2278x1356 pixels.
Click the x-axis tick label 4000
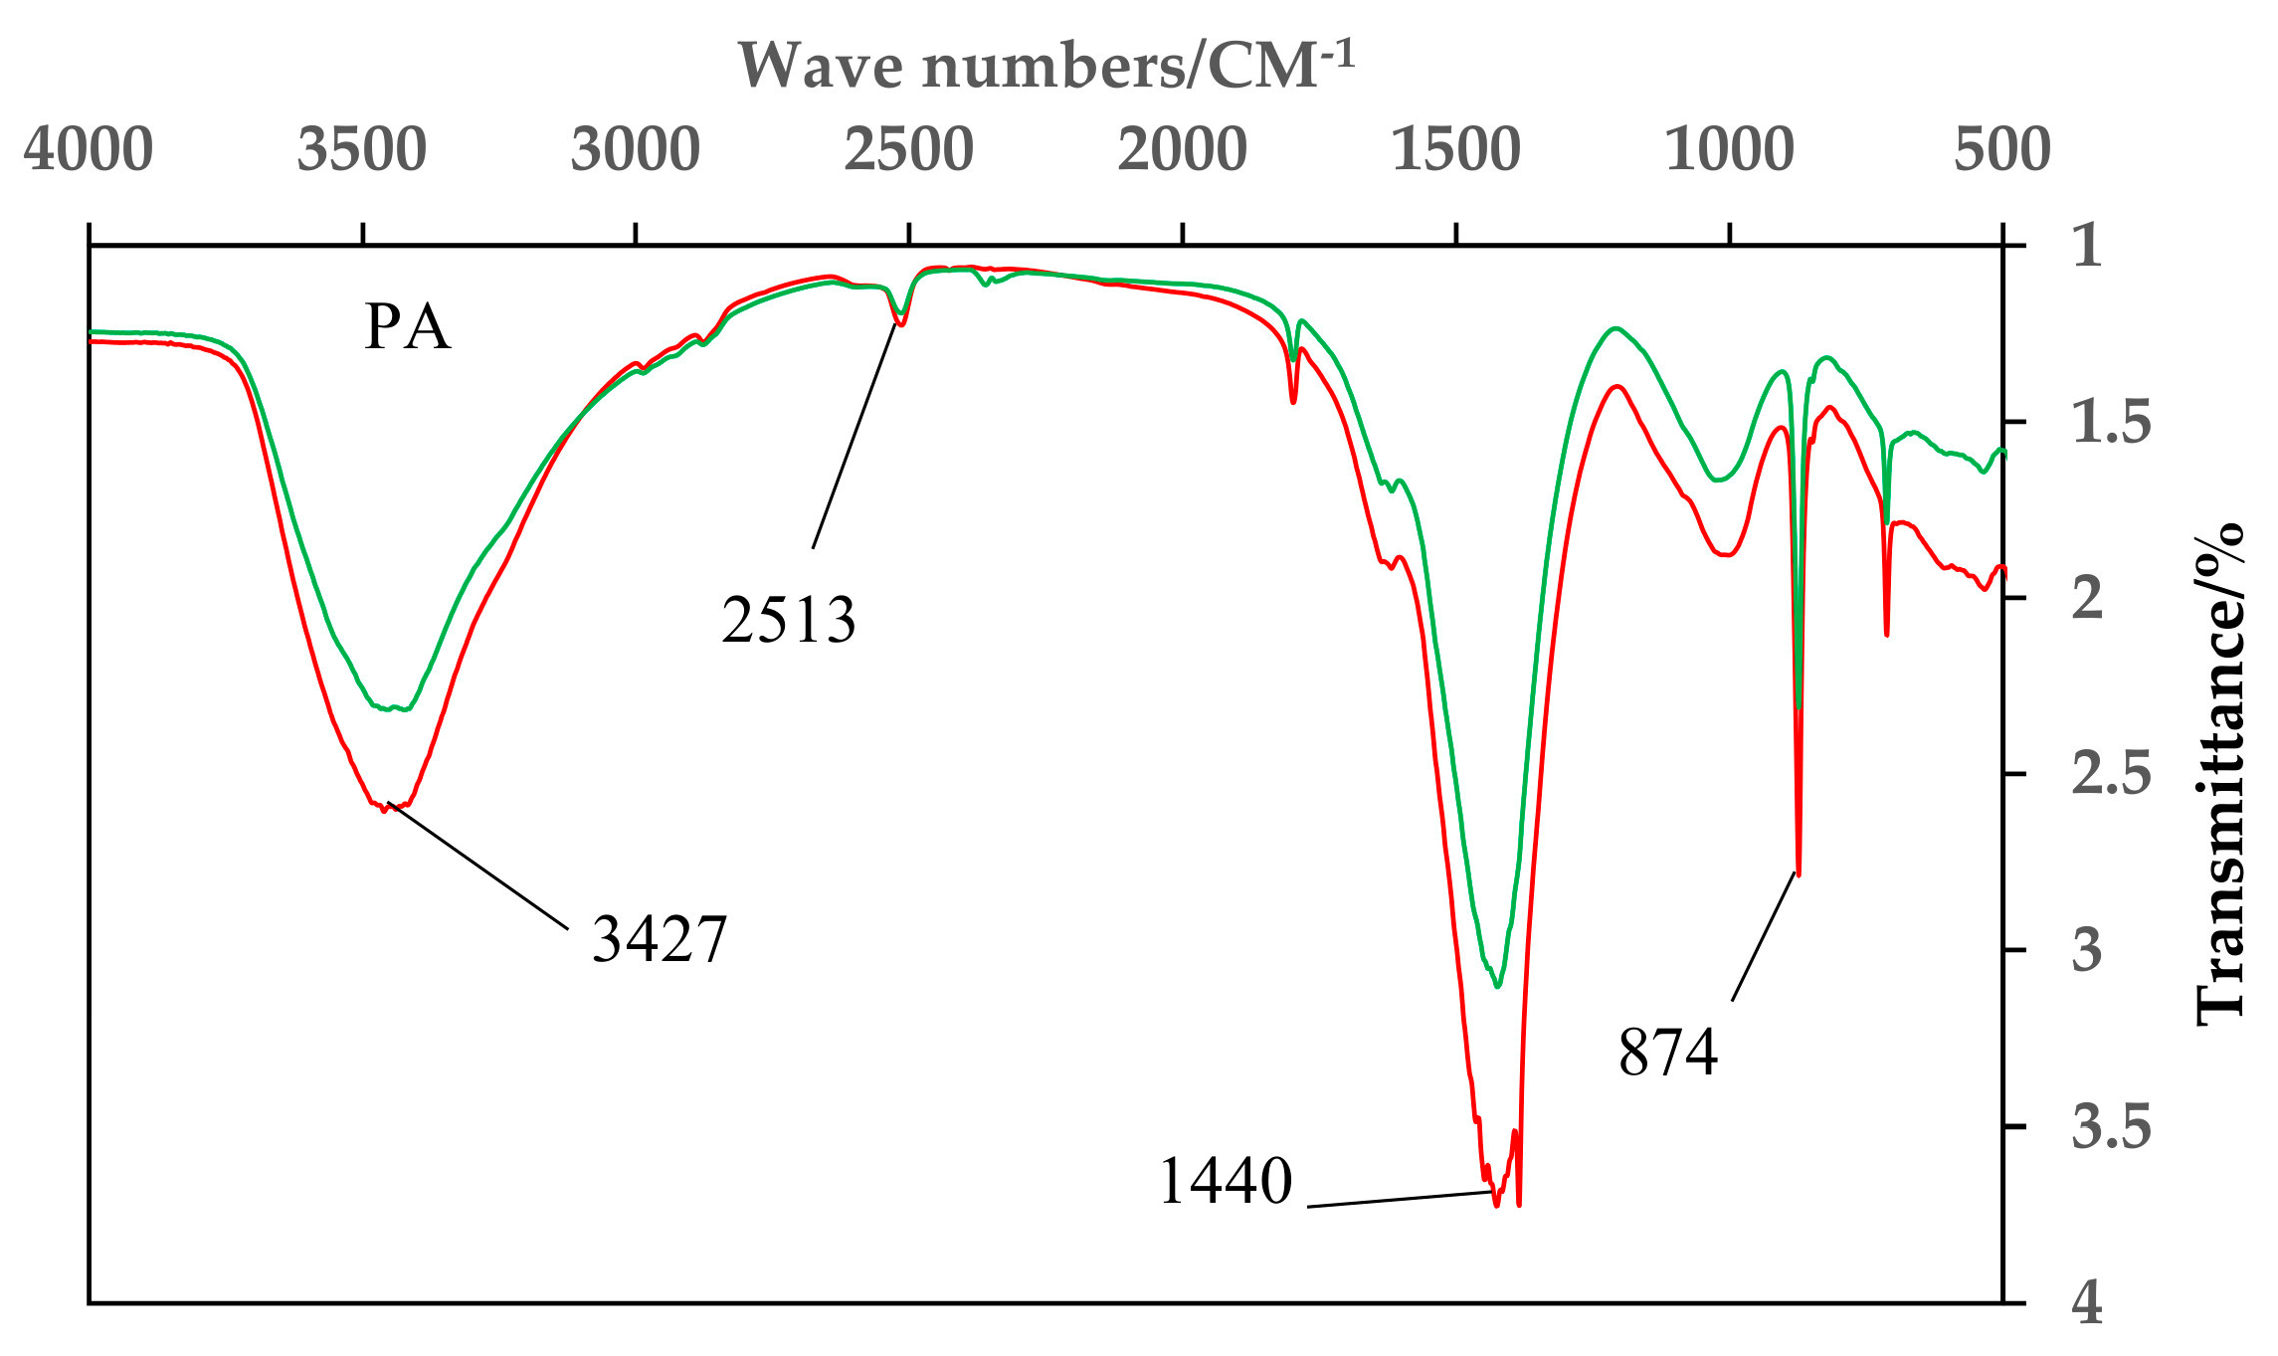pos(89,150)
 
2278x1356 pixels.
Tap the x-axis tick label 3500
pos(362,150)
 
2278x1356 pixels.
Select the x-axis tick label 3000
pos(636,150)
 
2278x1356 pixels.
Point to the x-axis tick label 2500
pos(909,150)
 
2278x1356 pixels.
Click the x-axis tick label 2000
pos(1183,150)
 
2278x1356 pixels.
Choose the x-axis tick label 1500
pos(1456,150)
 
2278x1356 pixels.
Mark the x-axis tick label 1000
pos(1730,150)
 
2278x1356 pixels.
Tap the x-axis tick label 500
pos(2002,150)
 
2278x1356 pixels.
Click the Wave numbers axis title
pos(1046,66)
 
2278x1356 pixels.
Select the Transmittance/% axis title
pos(2220,775)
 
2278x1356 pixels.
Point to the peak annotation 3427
pos(660,938)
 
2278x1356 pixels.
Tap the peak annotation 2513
pos(789,620)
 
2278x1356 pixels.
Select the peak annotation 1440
pos(1226,1181)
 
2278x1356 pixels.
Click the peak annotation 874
pos(1668,1053)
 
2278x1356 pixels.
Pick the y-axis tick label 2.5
pos(2111,775)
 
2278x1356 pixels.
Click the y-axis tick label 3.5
pos(2111,1127)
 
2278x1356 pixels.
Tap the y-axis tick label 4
pos(2088,1303)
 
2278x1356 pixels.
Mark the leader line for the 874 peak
pos(1764,936)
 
